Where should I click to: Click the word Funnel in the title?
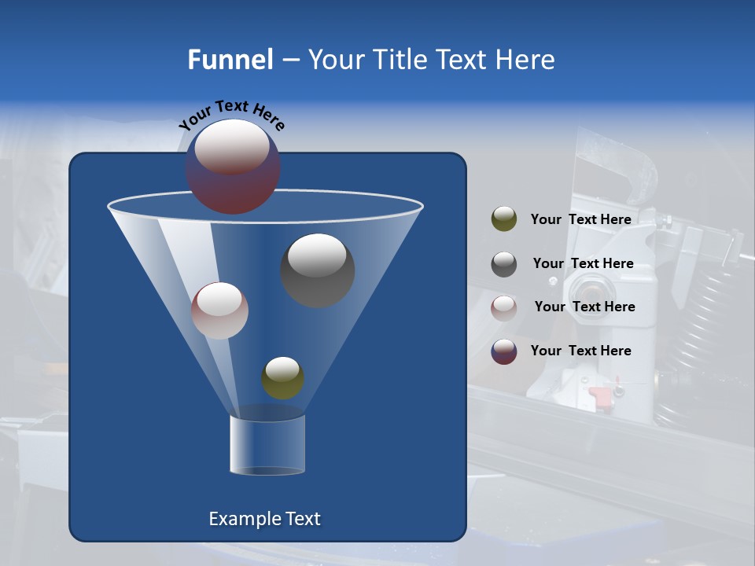point(230,60)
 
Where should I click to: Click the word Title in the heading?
point(399,60)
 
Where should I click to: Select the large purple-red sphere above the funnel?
point(233,167)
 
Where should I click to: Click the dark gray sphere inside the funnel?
point(317,270)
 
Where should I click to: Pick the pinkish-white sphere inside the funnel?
point(219,311)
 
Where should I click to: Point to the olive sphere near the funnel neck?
point(282,378)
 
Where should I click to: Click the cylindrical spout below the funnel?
point(267,445)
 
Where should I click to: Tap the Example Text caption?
point(265,519)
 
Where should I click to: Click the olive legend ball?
point(504,219)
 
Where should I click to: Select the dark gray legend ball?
point(504,264)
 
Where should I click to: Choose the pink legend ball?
point(504,308)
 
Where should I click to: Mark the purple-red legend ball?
point(504,351)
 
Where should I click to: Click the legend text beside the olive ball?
point(580,219)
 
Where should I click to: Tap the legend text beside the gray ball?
point(583,263)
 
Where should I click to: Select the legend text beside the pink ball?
point(584,307)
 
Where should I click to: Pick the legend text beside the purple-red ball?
point(580,351)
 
